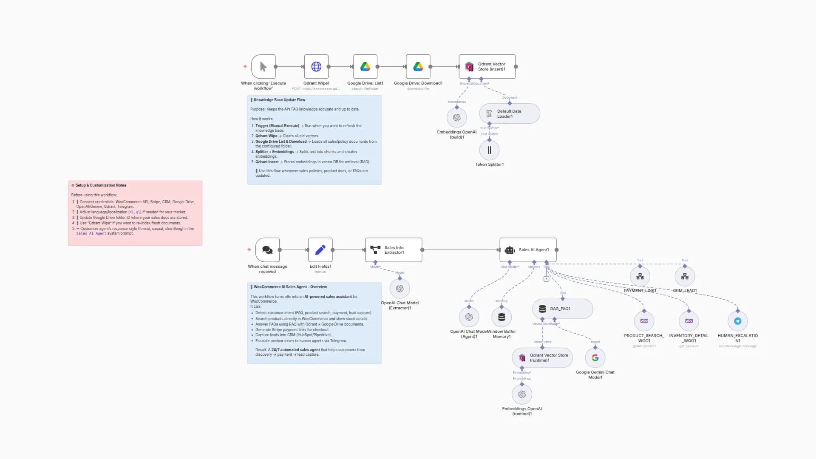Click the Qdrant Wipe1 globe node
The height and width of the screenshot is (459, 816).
tap(316, 67)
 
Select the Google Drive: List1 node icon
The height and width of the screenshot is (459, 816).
tap(365, 67)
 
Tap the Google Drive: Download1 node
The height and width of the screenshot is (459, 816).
tap(418, 67)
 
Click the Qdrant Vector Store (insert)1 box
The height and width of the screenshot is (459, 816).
tap(487, 67)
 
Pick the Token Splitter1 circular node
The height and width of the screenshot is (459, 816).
tap(489, 150)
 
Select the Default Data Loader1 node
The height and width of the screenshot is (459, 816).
tap(509, 114)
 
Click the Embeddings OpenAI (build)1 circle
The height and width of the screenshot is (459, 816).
tap(457, 118)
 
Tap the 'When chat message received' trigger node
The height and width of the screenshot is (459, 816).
tap(267, 250)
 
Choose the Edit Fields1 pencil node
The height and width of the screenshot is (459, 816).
tap(320, 250)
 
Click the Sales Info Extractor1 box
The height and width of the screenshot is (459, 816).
tap(394, 250)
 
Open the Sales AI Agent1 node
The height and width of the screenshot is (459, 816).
tap(528, 250)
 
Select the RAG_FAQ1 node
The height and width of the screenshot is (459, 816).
tap(562, 309)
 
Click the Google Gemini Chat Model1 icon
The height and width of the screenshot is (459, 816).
tap(595, 358)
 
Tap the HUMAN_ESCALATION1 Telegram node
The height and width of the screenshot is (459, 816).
tap(738, 321)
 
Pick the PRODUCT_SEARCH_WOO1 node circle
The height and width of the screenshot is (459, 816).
tap(644, 321)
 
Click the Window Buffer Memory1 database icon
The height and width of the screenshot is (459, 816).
tap(501, 317)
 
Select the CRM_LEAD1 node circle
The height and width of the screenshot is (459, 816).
tap(685, 277)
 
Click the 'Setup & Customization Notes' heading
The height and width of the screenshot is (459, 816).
tap(101, 185)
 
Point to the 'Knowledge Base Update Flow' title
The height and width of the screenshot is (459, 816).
tap(279, 100)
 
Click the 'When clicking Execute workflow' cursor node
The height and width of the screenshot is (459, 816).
tap(263, 67)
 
